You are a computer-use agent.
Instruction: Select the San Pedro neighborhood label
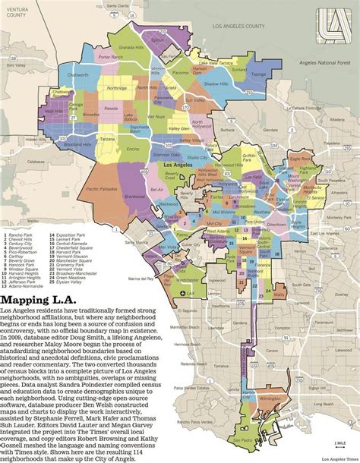tap(245, 439)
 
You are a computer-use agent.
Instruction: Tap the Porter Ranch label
tap(111, 57)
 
